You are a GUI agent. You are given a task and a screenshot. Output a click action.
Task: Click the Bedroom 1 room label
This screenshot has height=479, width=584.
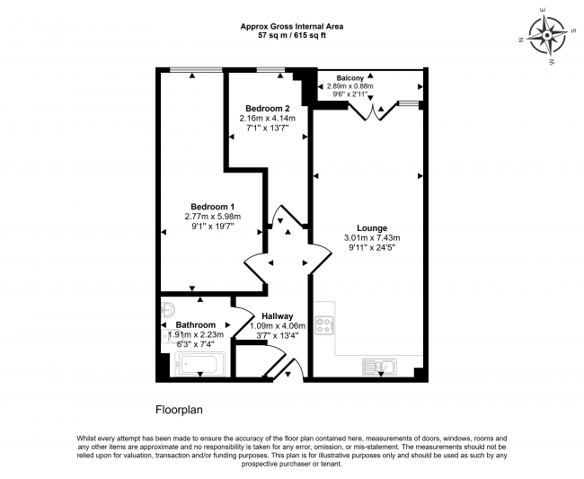coord(212,207)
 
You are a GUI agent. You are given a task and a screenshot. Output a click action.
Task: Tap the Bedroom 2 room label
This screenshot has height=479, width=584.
coord(267,109)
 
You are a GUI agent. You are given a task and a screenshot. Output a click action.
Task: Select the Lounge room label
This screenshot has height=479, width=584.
coord(372,228)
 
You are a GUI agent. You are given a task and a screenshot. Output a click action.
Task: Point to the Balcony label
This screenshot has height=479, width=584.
coord(350,78)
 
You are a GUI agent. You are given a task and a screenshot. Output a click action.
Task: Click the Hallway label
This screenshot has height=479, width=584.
coord(277,316)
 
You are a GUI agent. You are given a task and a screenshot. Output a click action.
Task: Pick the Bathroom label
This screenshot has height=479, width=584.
coord(196,324)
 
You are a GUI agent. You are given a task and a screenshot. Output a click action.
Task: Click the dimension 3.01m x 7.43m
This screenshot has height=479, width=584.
coord(372,237)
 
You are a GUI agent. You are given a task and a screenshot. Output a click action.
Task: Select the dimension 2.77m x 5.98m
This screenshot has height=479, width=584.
coord(212,216)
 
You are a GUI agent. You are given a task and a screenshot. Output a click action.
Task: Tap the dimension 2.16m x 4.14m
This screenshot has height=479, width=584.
coord(267,119)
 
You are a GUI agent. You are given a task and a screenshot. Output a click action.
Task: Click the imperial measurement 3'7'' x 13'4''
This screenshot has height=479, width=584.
coord(277,335)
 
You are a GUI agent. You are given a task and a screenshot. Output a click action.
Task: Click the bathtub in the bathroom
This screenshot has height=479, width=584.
coord(199,364)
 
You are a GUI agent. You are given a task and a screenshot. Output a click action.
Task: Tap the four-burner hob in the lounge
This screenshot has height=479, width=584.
coord(324,324)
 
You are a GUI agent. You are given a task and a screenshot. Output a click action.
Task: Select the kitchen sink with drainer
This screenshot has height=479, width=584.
coord(379,367)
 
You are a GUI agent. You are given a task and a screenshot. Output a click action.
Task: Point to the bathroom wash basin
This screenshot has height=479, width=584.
coord(168,309)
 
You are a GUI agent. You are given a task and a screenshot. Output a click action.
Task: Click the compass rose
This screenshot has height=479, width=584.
coord(547,36)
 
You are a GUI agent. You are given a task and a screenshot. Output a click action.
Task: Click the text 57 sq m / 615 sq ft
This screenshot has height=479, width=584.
coord(292,36)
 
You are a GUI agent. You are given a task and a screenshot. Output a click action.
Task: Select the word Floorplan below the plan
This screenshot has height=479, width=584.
coord(179,410)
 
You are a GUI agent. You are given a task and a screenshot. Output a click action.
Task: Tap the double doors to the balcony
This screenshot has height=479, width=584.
coord(372,111)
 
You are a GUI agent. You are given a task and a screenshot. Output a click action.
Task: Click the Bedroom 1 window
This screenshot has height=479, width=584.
coord(196,70)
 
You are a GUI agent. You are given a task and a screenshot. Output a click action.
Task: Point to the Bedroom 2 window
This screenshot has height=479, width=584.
coord(270,70)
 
